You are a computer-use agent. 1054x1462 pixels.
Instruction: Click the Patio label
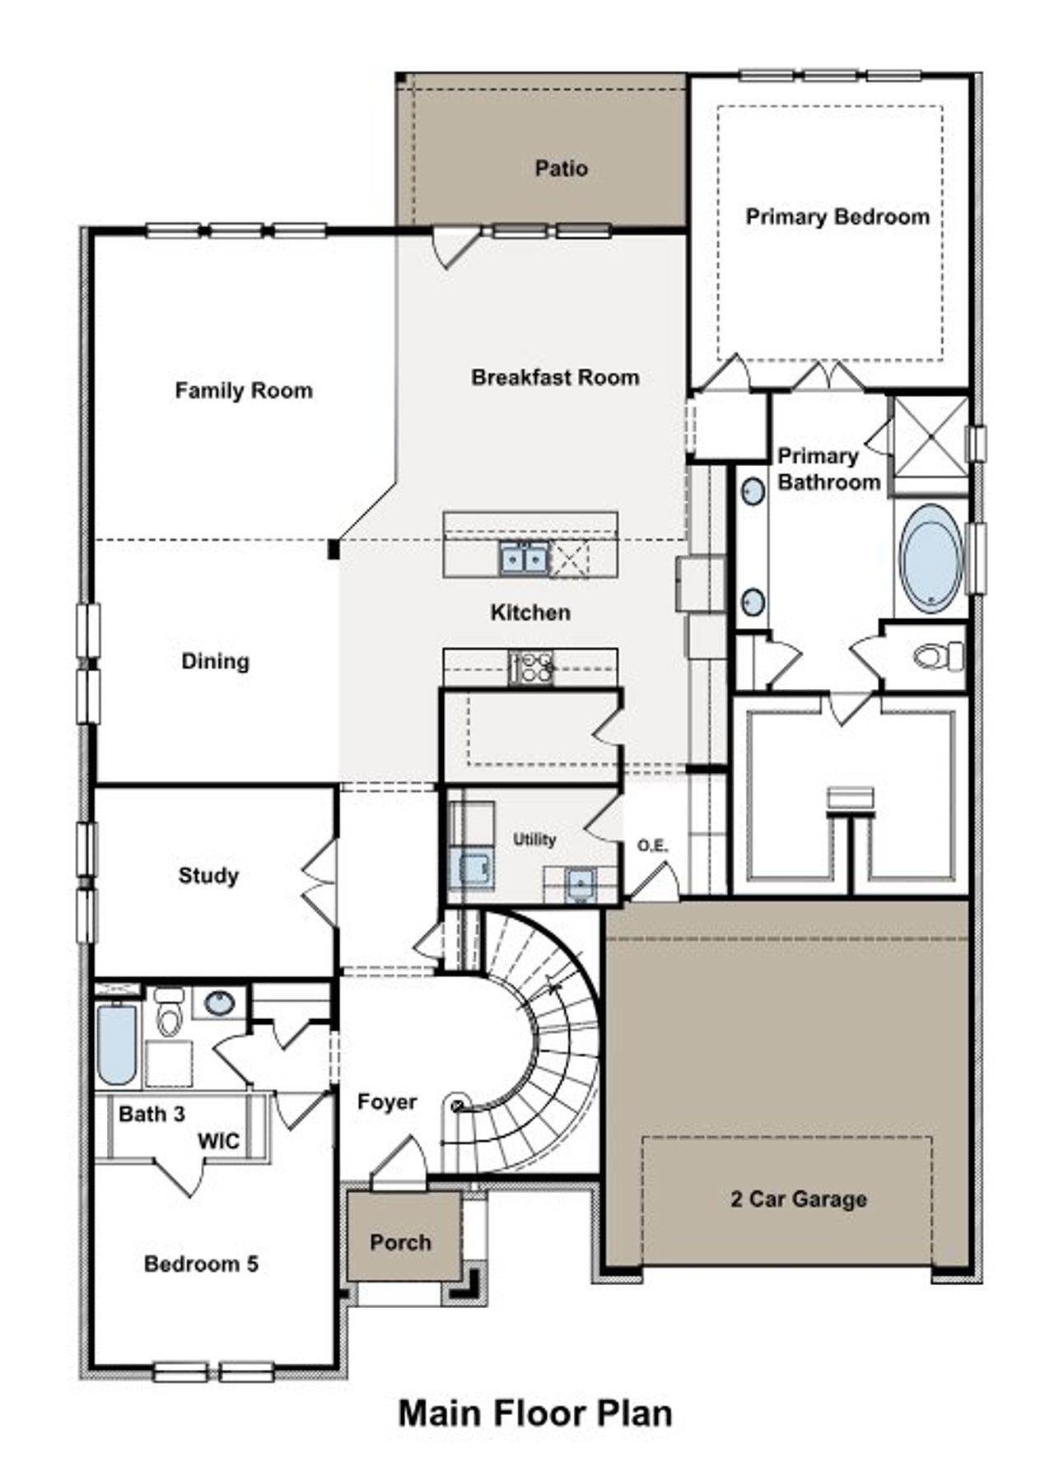point(561,169)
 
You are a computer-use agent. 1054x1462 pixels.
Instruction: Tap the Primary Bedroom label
point(837,217)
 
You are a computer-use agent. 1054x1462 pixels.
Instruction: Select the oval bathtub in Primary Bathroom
point(930,559)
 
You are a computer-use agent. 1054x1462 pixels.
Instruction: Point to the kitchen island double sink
point(524,560)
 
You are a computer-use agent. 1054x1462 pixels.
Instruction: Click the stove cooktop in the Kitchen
point(531,666)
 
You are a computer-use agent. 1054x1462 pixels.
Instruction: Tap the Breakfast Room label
point(555,378)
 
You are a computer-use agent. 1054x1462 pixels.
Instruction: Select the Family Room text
point(244,390)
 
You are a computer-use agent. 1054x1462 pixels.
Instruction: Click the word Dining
point(215,662)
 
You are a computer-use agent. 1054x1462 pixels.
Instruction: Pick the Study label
point(208,875)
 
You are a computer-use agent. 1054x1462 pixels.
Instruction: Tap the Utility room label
point(534,840)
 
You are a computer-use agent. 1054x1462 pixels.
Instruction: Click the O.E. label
point(652,845)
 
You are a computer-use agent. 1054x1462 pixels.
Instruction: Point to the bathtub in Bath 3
point(116,1044)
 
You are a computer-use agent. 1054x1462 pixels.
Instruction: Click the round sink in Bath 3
point(219,1003)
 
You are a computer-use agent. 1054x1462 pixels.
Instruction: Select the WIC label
point(219,1141)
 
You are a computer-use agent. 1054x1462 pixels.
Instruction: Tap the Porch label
point(400,1242)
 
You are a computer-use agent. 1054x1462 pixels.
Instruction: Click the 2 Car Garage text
point(798,1199)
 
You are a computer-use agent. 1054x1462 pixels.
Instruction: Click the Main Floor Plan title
point(535,1413)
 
